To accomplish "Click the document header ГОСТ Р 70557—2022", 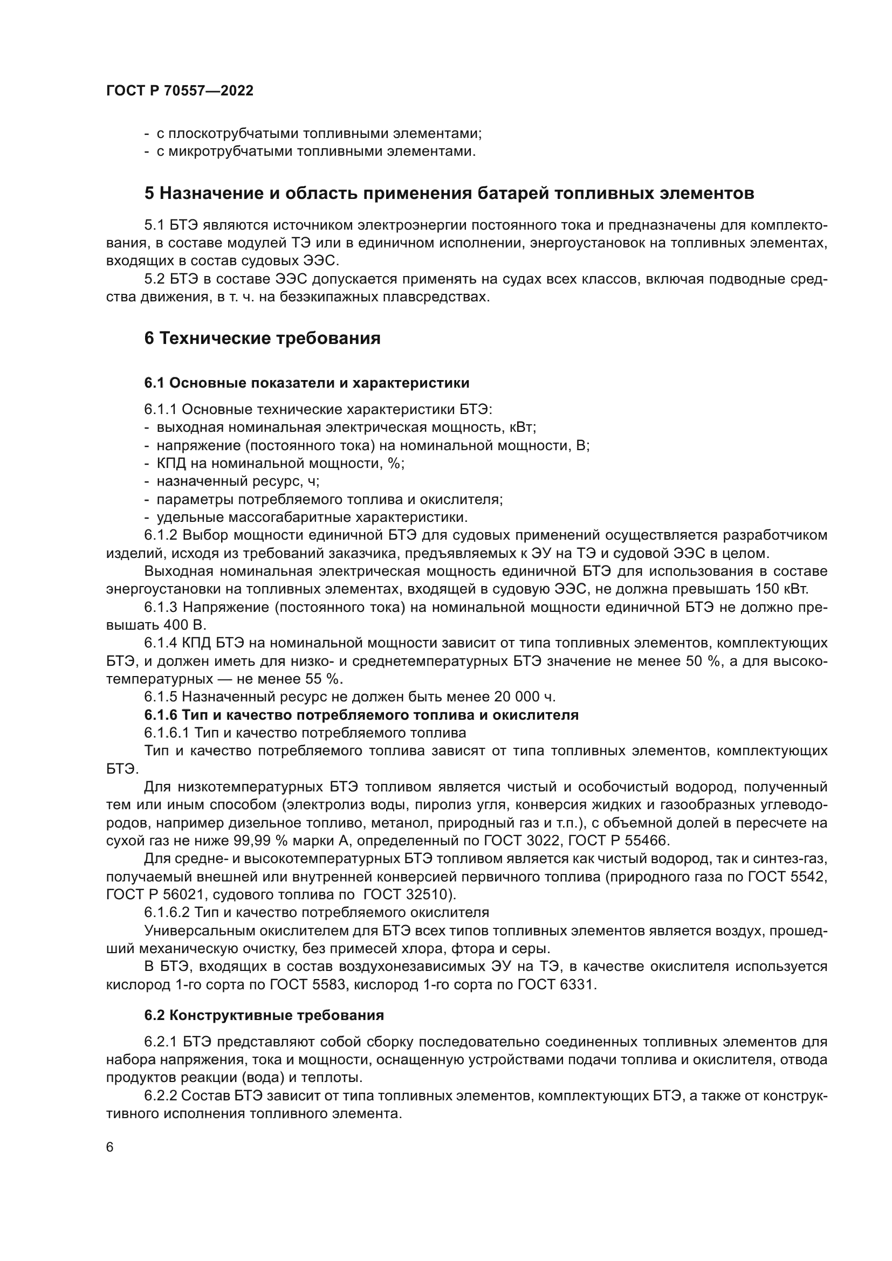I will point(180,91).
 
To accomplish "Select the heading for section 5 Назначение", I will point(449,194).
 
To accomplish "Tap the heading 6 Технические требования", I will point(262,339).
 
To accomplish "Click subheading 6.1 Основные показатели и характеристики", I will point(306,383).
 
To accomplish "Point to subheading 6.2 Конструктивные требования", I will point(264,1016).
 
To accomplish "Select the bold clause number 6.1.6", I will point(161,715).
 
